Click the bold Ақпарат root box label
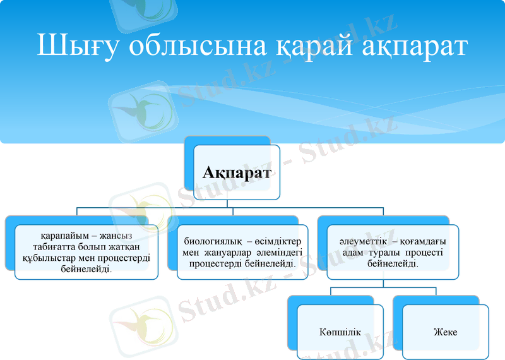tap(237, 172)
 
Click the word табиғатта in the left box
tap(61, 247)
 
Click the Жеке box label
tap(444, 332)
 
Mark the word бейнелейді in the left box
tap(86, 268)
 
